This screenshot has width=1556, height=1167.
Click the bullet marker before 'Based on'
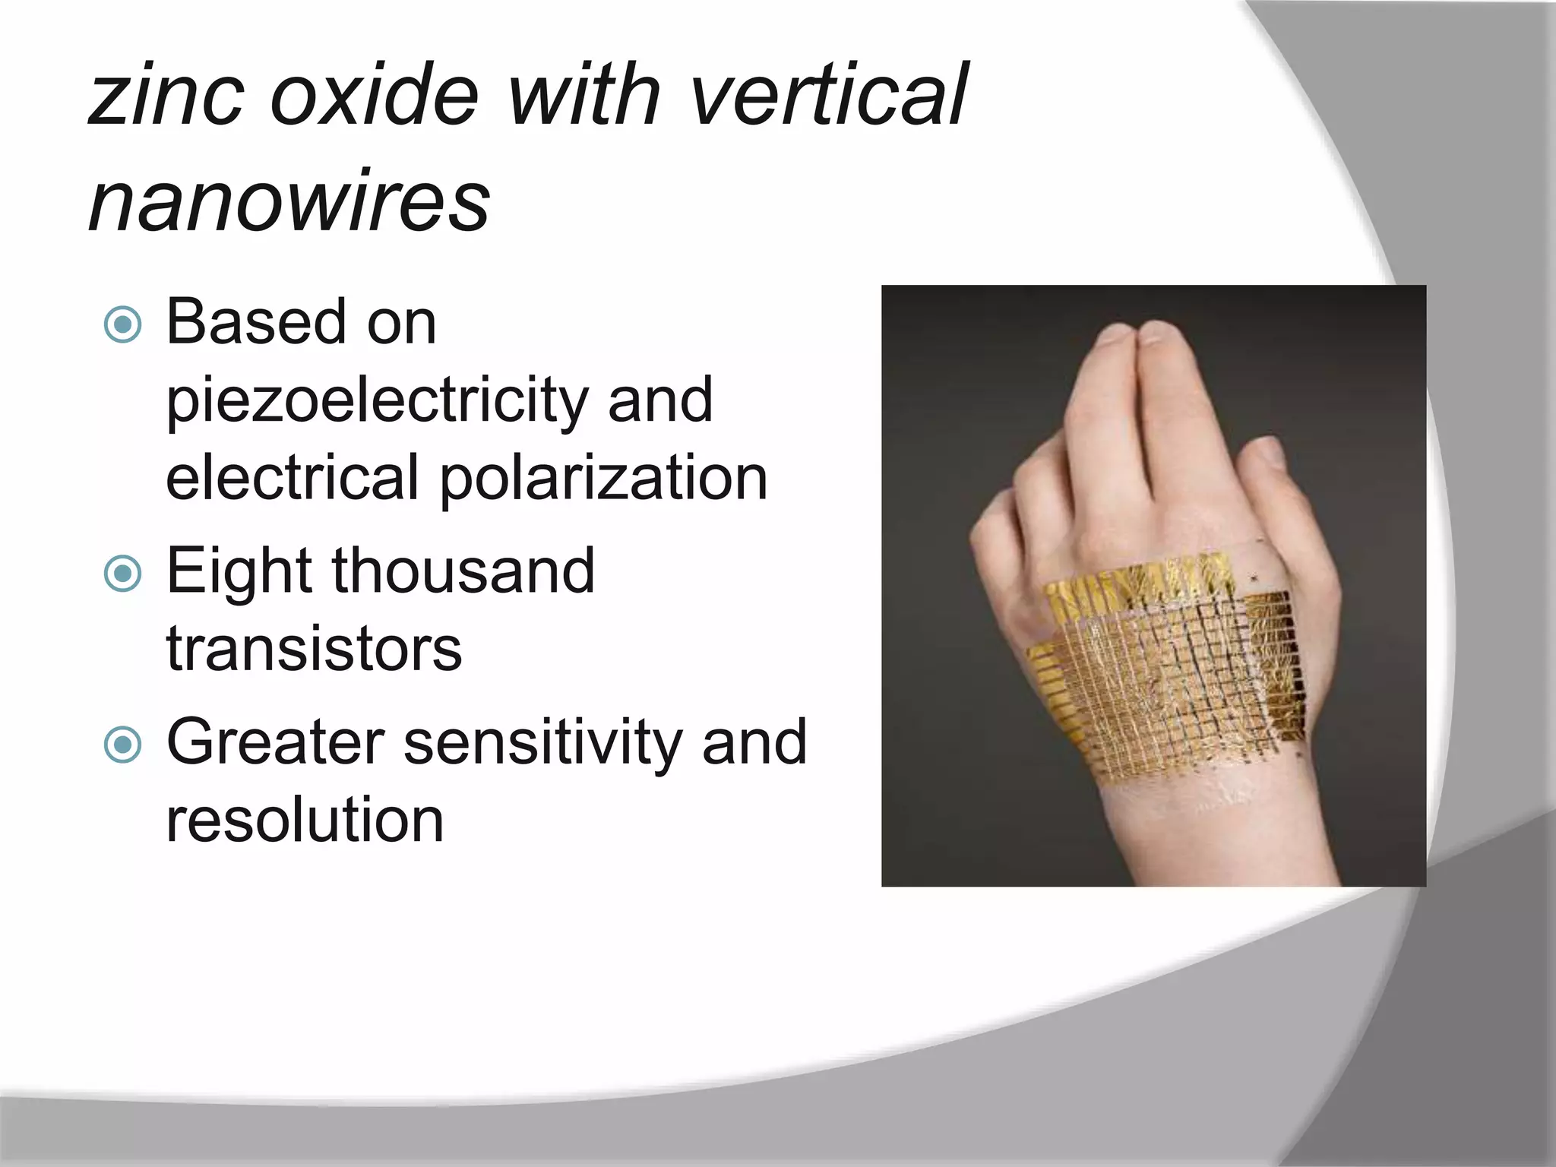[x=122, y=325]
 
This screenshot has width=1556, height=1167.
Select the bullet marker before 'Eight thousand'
[x=122, y=574]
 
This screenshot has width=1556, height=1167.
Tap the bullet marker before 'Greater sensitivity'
[x=122, y=745]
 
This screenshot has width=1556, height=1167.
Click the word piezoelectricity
[x=376, y=401]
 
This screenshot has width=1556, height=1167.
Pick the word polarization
[x=603, y=479]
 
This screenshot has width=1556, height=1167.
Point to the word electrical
[x=293, y=479]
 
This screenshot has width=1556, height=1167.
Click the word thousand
[x=463, y=571]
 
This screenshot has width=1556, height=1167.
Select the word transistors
[x=314, y=649]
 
